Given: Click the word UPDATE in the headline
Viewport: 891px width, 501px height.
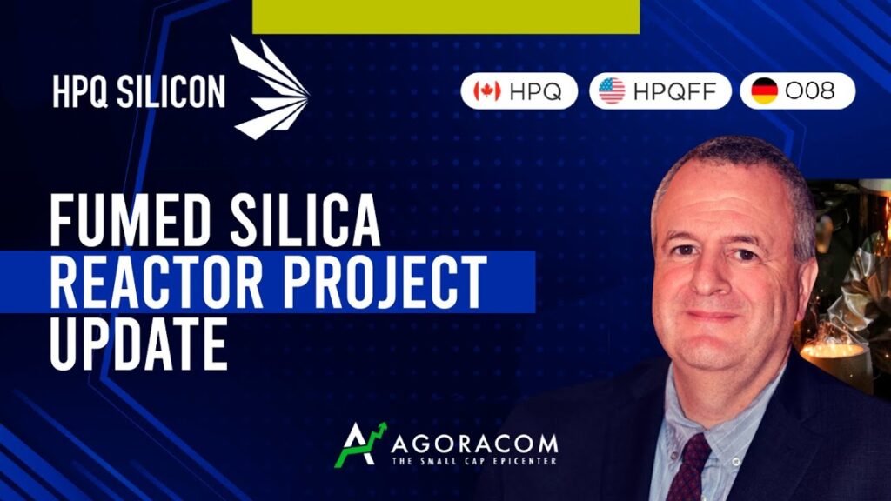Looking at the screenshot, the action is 139,344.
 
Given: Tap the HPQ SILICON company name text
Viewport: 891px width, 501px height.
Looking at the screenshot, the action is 139,91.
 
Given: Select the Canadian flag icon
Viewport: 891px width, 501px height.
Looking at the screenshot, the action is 487,90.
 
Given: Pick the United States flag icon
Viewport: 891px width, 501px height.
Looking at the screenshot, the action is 612,90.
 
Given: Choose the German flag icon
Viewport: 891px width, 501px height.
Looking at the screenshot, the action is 764,90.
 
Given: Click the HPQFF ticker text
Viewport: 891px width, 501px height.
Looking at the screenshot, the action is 675,90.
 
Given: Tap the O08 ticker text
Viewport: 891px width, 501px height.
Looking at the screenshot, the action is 810,90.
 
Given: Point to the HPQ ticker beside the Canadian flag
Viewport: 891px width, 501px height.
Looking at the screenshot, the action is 535,90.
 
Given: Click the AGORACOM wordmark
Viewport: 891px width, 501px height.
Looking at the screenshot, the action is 474,443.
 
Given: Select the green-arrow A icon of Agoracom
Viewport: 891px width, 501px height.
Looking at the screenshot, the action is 360,444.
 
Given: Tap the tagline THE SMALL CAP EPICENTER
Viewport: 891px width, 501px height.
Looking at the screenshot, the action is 474,461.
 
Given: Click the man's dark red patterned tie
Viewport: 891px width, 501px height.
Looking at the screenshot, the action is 689,469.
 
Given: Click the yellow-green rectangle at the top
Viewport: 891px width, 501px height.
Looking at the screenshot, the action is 446,17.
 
